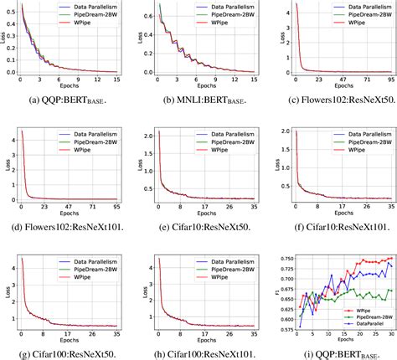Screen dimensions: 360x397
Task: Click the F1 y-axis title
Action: pyautogui.click(x=271, y=290)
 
